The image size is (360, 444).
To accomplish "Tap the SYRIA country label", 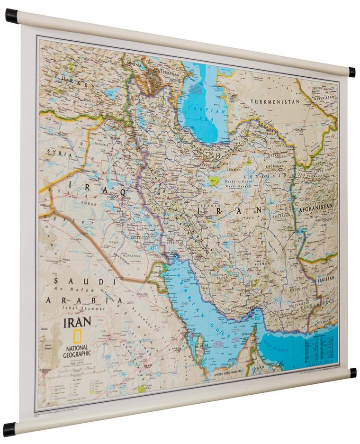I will tap(60, 154).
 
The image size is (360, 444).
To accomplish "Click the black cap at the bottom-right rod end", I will tap(352, 372).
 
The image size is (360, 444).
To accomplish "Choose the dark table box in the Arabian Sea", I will tap(318, 350).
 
